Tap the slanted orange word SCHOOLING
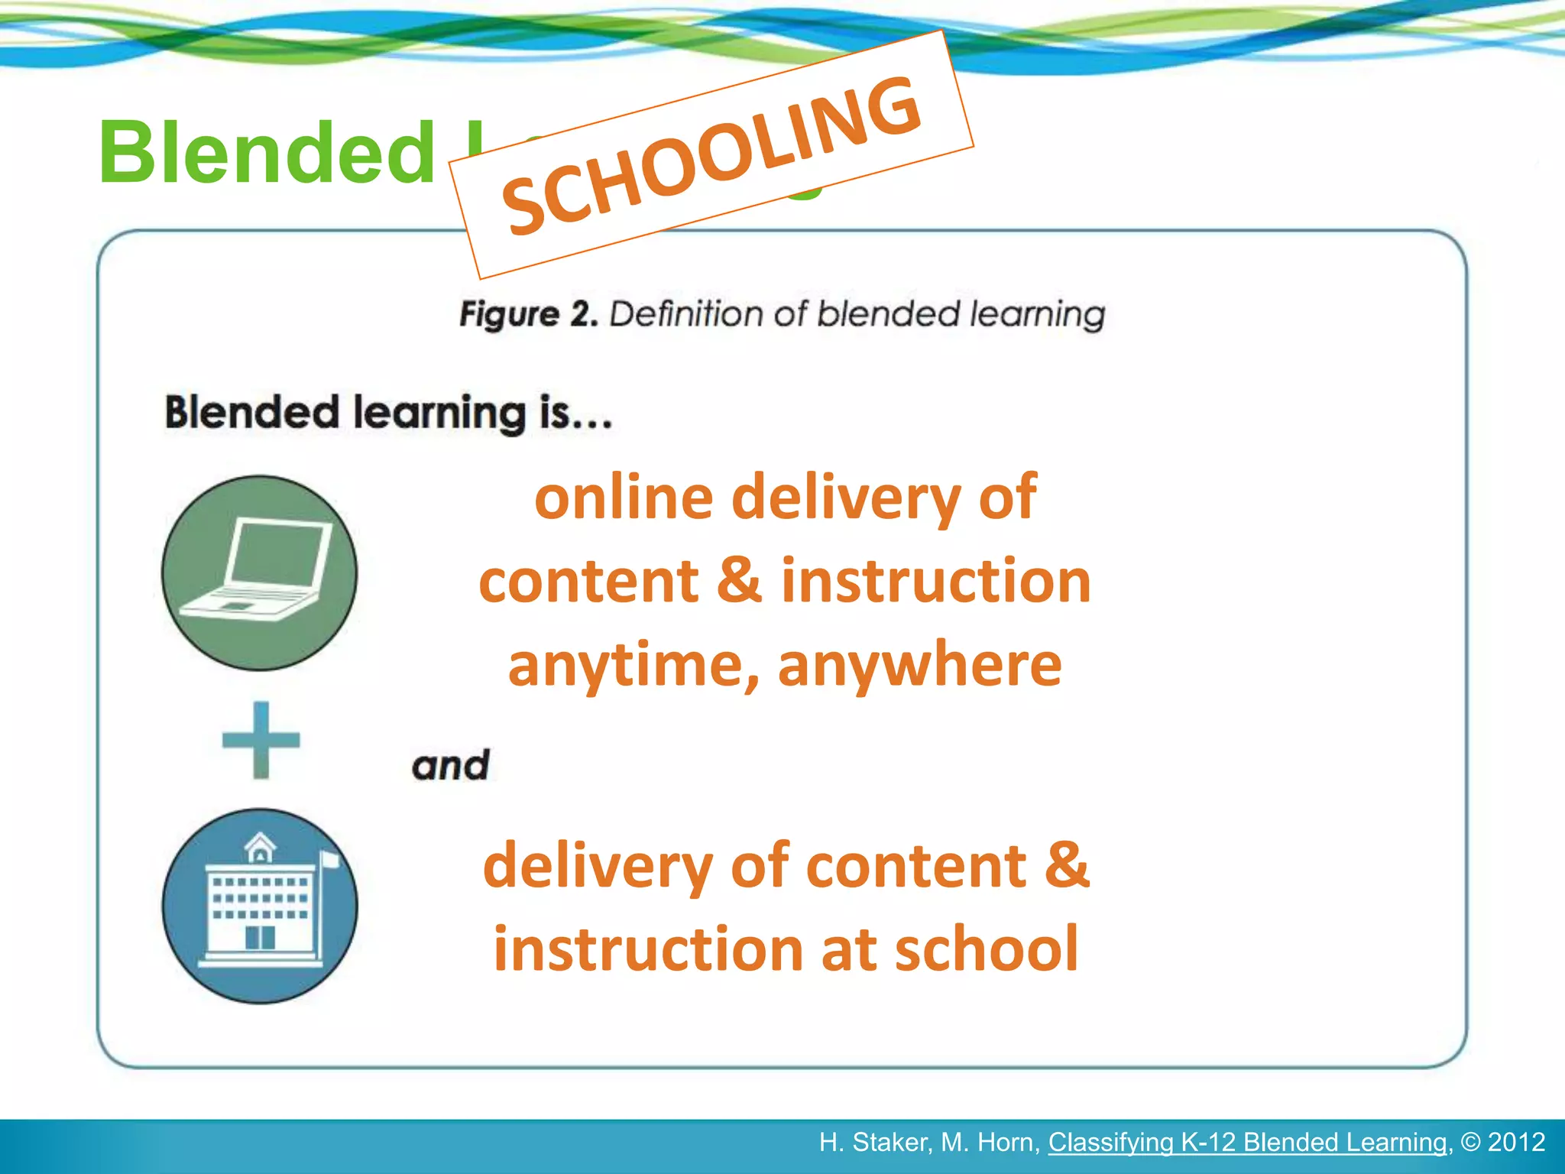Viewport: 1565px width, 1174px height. point(711,157)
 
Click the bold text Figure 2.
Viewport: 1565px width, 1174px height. point(528,314)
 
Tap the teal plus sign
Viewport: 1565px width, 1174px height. point(261,740)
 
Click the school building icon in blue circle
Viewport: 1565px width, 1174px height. point(259,906)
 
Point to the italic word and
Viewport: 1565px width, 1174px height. point(450,765)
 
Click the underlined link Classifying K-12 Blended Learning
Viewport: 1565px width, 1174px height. point(1247,1142)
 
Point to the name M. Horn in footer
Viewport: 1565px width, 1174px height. point(990,1142)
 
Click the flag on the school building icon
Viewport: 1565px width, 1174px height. point(329,859)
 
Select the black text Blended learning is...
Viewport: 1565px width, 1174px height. point(388,413)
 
